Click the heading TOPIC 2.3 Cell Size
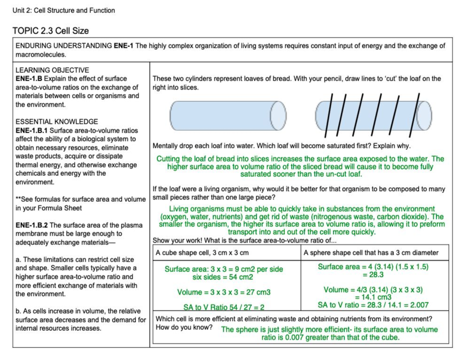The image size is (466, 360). [50, 31]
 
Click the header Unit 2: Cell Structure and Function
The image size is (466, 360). [64, 10]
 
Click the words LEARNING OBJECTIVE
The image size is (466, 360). [52, 70]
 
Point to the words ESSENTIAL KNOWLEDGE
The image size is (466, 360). [56, 122]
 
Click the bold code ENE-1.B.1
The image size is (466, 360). [31, 130]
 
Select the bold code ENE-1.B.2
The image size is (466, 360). [32, 225]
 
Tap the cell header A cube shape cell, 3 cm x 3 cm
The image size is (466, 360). [202, 253]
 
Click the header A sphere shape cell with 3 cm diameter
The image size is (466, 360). [371, 253]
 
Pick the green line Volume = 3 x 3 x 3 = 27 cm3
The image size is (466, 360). [224, 292]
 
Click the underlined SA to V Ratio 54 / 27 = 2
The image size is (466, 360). [224, 308]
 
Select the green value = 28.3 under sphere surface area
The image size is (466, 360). [372, 275]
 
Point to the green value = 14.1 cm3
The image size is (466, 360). [372, 297]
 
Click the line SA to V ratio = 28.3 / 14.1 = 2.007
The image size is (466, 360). [373, 305]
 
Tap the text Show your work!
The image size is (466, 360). [175, 240]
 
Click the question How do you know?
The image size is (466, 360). [184, 327]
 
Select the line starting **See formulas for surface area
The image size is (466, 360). [80, 200]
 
